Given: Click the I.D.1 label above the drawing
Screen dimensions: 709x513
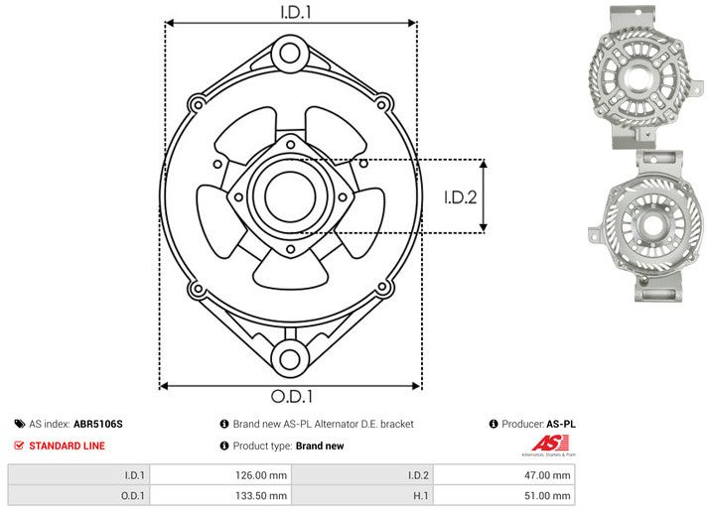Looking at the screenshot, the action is pos(296,12).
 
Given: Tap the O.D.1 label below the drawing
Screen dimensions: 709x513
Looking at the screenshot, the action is pos(292,396).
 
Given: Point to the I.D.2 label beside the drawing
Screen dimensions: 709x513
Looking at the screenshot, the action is pos(461,197).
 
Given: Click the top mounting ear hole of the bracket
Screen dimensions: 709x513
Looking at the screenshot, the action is pos(290,53).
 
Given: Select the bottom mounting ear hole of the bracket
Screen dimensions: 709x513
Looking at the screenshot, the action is pos(290,359).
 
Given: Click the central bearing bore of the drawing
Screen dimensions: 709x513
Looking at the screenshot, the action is pos(290,197).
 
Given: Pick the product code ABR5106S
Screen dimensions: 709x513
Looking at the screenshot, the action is pos(98,424).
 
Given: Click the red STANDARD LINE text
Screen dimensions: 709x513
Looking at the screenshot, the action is pos(67,446).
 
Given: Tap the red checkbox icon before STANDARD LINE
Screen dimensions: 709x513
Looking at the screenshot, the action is pos(19,446).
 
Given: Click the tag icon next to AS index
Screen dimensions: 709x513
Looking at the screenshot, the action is pos(20,424).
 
